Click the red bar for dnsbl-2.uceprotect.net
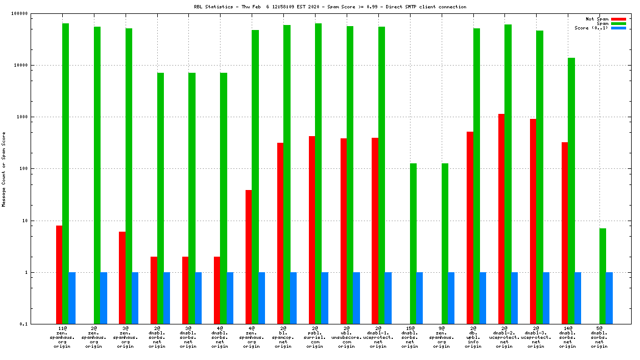501,219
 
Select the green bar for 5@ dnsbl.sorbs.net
603,276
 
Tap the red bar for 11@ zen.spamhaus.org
59,274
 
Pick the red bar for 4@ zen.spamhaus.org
248,257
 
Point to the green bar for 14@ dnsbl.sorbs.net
571,191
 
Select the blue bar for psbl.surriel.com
324,298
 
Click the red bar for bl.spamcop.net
280,233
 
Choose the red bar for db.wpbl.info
470,228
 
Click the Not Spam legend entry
597,19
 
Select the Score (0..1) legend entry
591,28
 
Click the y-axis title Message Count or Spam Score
4,169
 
